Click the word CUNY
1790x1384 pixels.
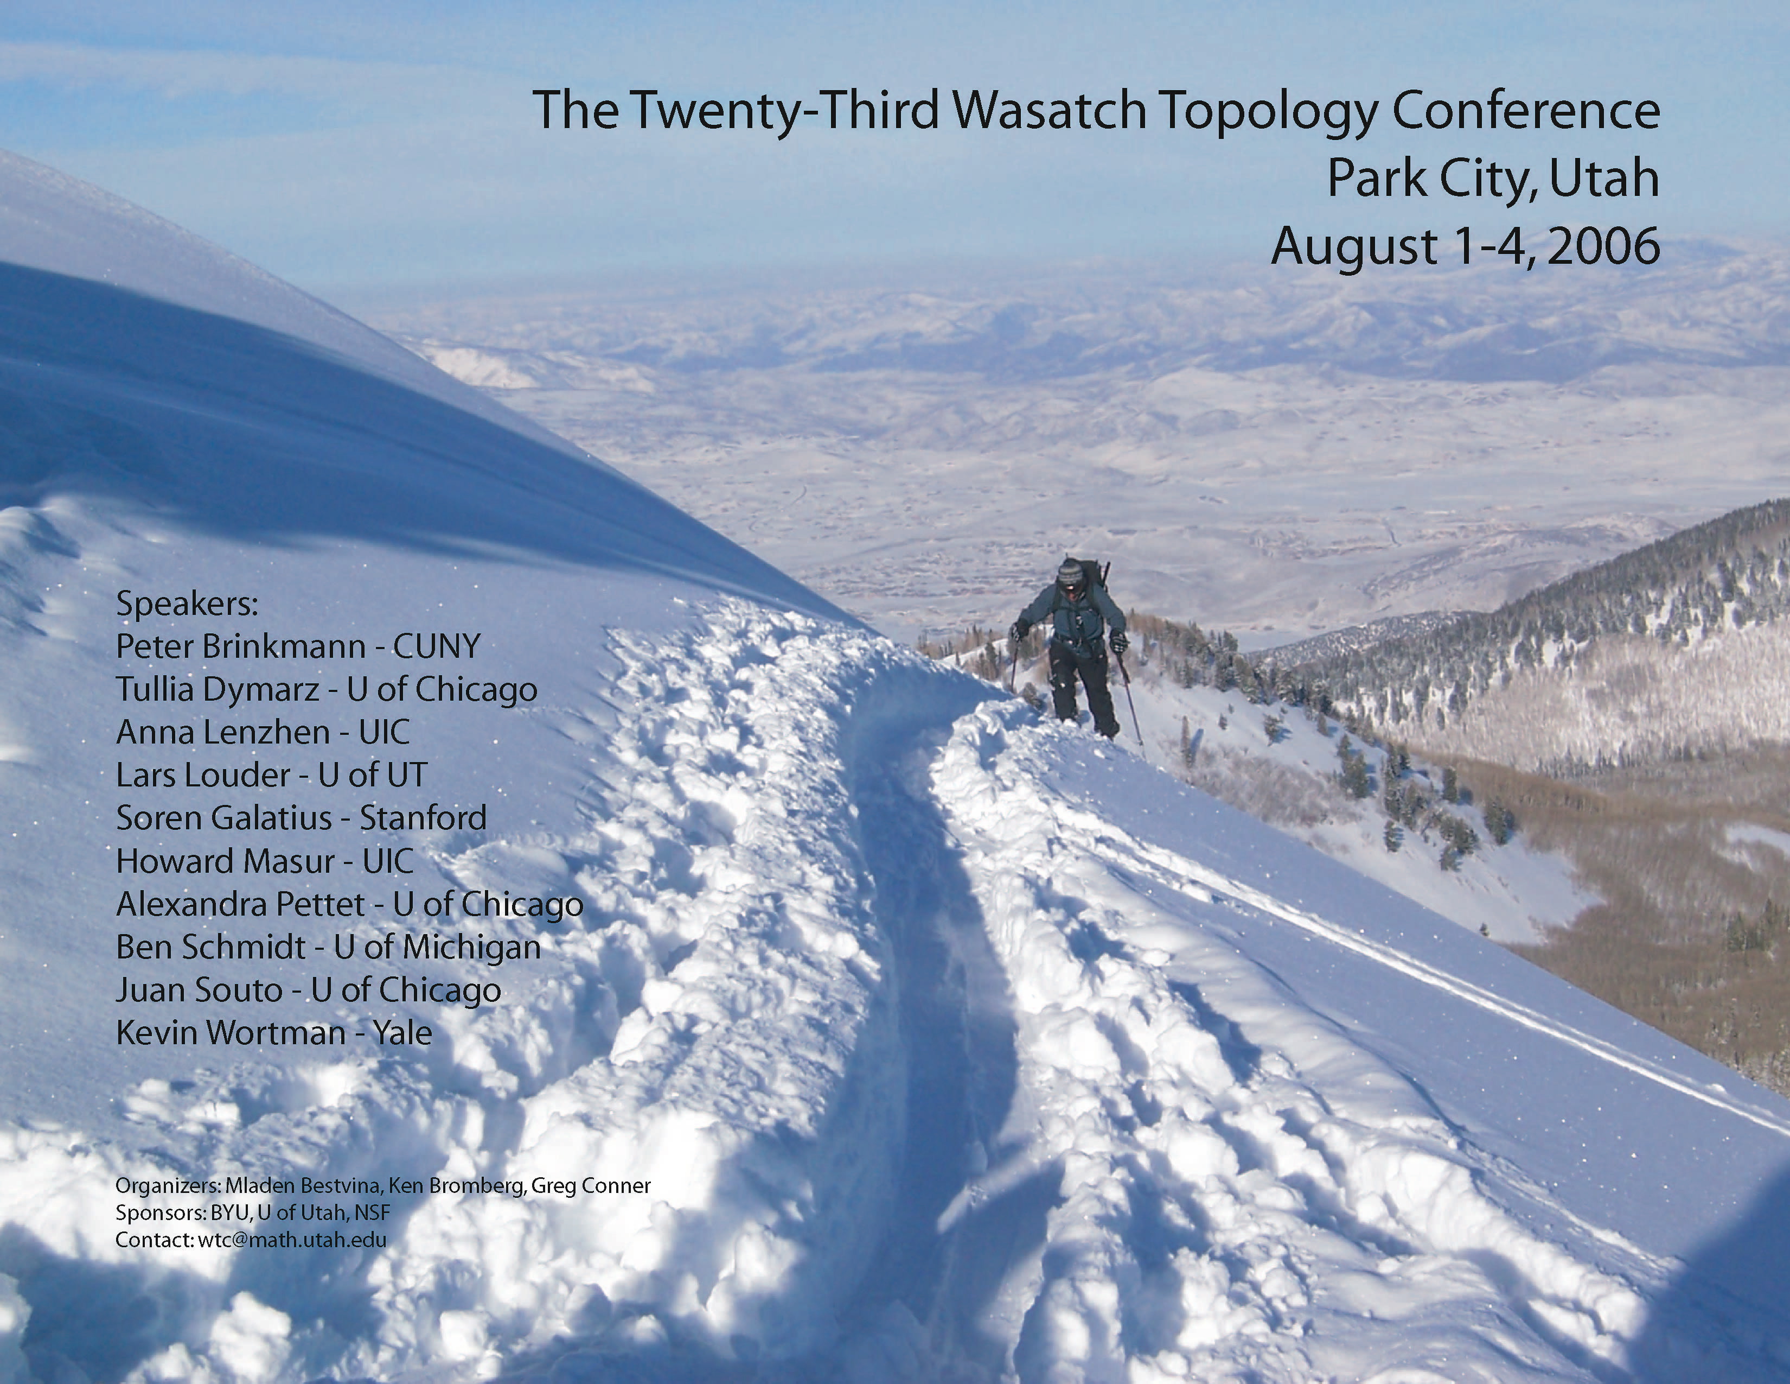[x=437, y=647]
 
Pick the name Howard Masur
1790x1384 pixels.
[x=226, y=861]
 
